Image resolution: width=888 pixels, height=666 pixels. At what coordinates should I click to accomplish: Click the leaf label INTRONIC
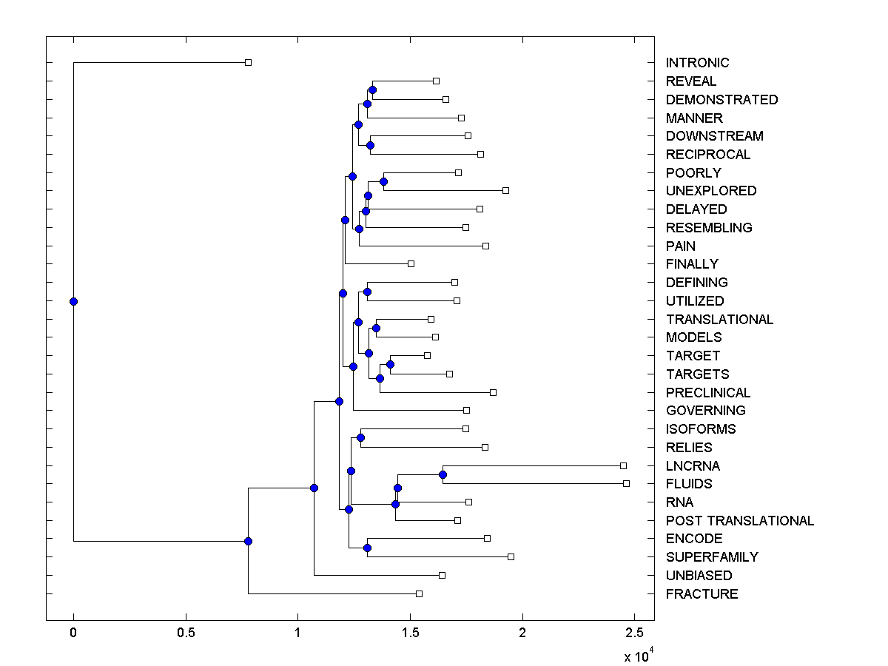(x=697, y=63)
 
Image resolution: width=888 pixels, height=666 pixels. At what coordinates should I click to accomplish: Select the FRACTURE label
(x=702, y=594)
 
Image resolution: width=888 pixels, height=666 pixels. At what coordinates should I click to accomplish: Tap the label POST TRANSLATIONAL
(x=739, y=521)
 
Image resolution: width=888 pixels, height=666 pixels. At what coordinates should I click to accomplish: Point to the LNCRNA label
(x=693, y=466)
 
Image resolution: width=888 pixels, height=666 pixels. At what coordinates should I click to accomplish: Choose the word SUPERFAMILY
(x=712, y=557)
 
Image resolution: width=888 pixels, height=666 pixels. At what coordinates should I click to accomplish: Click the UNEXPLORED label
(x=711, y=191)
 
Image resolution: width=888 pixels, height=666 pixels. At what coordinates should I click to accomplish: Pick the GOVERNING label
(x=705, y=411)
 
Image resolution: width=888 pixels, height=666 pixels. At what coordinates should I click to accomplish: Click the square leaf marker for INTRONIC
(x=249, y=63)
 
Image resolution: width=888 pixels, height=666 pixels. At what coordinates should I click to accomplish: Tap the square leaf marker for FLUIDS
(x=626, y=484)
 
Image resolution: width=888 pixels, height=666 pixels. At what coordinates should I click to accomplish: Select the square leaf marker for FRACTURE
(x=419, y=594)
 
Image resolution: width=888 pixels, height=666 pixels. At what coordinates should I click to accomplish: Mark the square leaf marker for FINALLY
(x=411, y=264)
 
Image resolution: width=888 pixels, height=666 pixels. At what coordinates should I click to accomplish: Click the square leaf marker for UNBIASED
(x=442, y=576)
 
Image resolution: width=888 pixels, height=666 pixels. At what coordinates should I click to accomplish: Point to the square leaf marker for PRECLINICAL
(x=493, y=392)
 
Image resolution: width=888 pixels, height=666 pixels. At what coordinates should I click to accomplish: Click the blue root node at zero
(x=73, y=301)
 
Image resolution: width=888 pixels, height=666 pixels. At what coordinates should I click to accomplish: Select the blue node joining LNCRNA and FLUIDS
(x=443, y=474)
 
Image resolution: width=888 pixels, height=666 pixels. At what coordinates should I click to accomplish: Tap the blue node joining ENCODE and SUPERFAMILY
(x=367, y=548)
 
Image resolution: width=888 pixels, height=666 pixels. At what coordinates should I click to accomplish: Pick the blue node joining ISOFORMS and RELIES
(x=360, y=437)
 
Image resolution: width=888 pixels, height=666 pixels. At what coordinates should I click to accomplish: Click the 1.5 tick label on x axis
(x=410, y=633)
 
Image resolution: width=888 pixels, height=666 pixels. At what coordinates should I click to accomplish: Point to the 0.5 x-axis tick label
(x=186, y=633)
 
